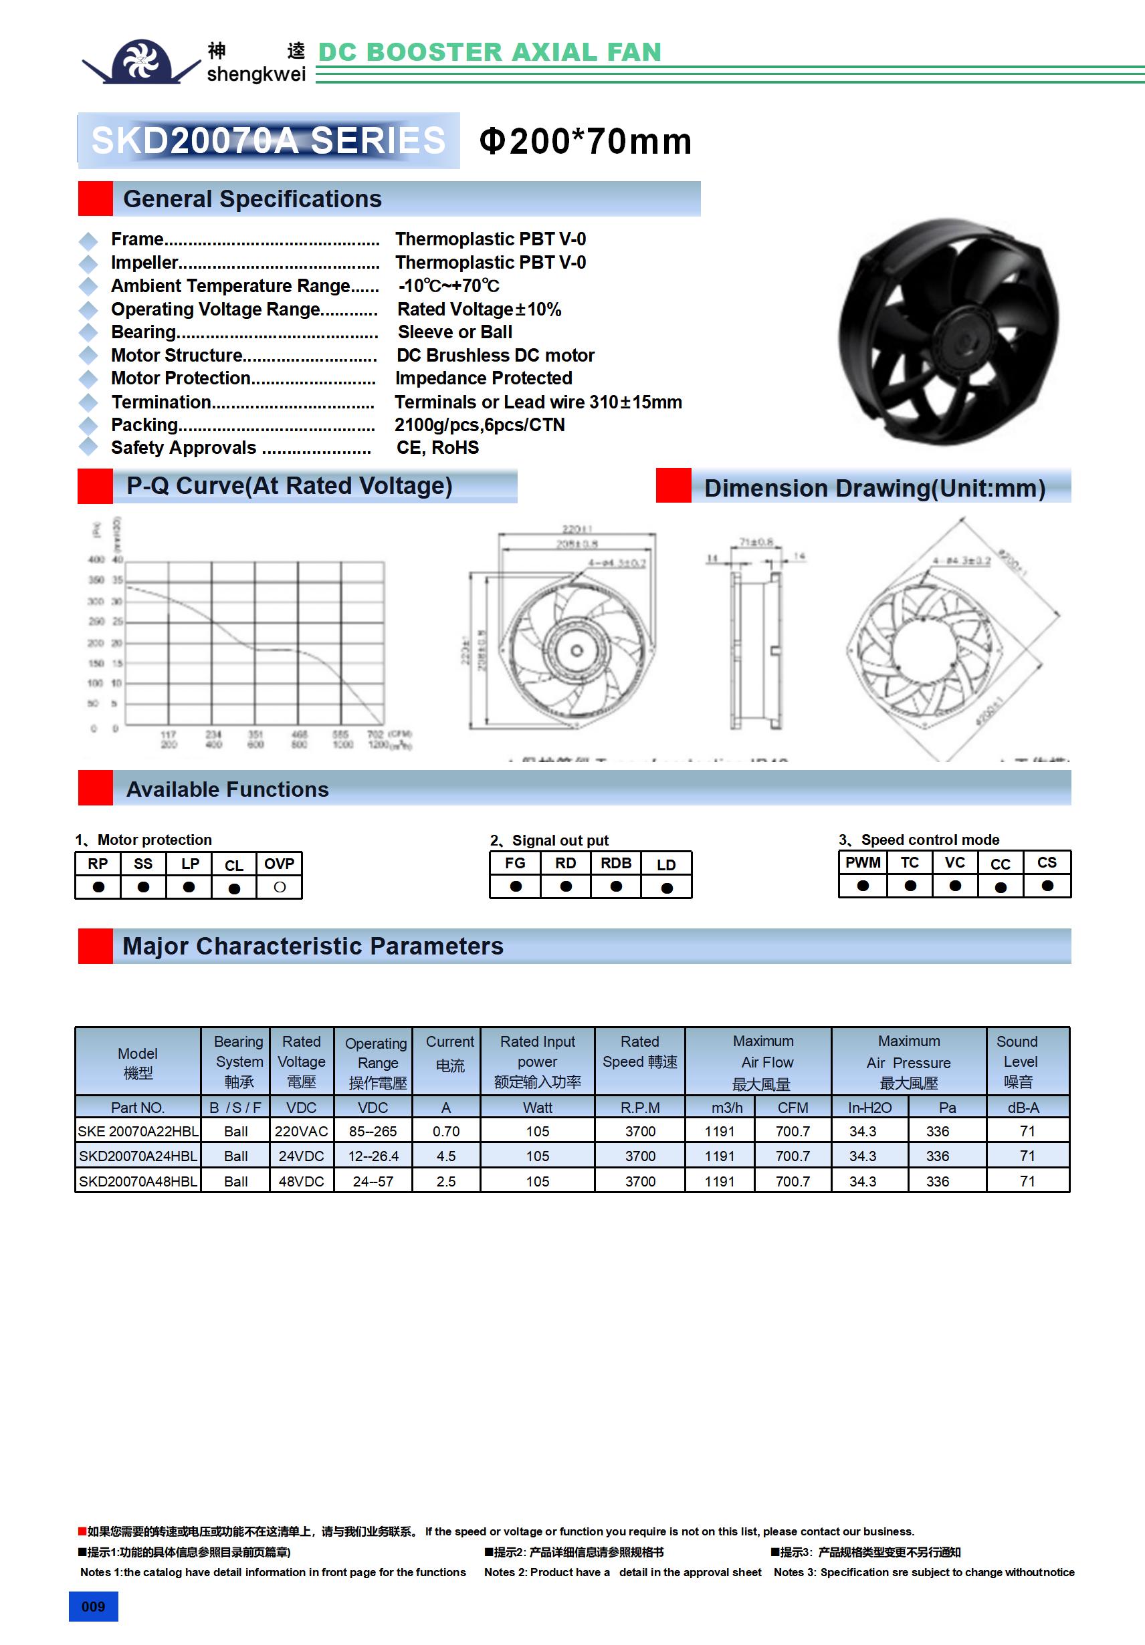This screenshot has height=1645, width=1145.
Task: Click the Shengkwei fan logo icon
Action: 140,60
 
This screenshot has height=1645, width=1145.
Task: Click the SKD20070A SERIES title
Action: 268,140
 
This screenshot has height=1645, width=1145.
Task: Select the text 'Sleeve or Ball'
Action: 455,332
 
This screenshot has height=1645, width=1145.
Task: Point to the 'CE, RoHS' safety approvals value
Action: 437,448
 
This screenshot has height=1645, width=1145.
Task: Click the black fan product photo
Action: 949,332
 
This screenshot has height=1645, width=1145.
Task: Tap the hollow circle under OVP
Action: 280,887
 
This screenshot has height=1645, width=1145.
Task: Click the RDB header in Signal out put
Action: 616,864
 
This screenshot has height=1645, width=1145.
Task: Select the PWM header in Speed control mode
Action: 863,863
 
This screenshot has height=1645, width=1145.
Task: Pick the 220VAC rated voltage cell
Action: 301,1131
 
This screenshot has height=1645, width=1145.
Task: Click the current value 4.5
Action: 446,1156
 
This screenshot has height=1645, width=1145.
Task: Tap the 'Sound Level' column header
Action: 1019,1061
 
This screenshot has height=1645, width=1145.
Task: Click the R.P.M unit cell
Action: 639,1108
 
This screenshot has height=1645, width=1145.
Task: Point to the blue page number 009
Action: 93,1606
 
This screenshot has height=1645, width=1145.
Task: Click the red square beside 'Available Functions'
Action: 96,788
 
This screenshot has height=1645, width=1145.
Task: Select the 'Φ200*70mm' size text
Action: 585,141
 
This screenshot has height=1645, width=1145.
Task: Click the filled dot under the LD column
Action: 667,888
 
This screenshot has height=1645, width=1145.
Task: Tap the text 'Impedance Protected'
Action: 484,378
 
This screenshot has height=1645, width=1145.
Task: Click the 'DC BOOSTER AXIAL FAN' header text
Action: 489,52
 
